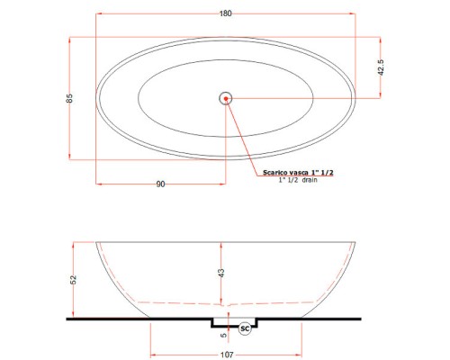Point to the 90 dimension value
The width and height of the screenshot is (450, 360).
pos(161,184)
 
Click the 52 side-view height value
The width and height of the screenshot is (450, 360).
pos(74,280)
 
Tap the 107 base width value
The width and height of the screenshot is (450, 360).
pos(227,355)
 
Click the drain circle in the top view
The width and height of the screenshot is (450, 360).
pos(225,98)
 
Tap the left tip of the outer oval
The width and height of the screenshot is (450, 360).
pos(96,97)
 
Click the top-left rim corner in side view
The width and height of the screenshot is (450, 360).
pos(96,242)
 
